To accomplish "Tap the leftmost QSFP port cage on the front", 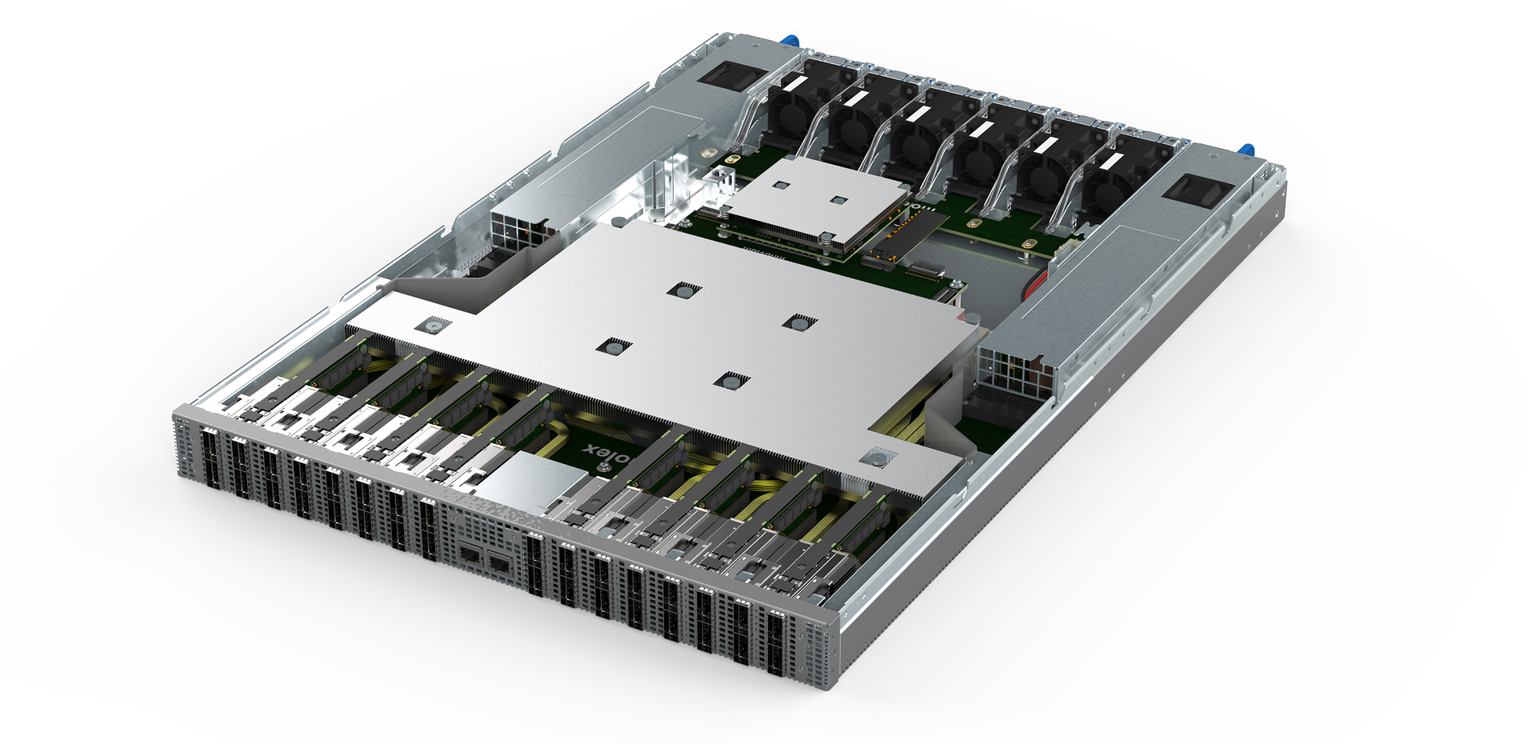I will point(210,458).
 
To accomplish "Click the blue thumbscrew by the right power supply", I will point(1245,150).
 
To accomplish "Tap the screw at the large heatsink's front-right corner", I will point(878,458).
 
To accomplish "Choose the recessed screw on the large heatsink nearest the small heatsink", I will point(682,290).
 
